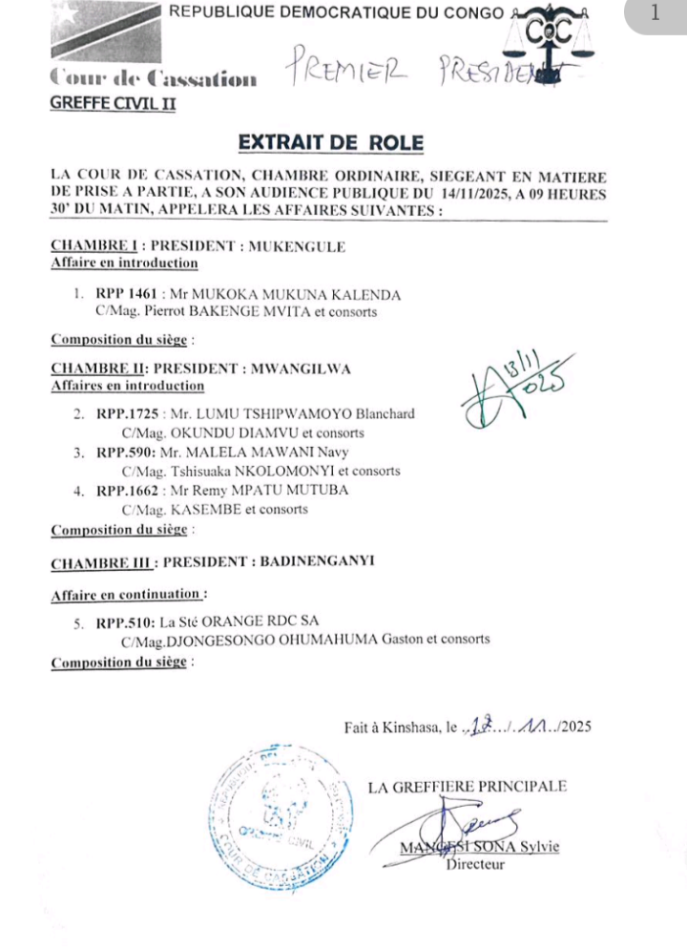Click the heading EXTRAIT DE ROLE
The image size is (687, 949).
click(329, 143)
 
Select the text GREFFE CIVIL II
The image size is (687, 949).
click(113, 106)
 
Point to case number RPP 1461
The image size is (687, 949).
click(131, 293)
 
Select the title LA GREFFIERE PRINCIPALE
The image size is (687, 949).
click(468, 788)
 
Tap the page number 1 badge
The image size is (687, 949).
click(655, 13)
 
